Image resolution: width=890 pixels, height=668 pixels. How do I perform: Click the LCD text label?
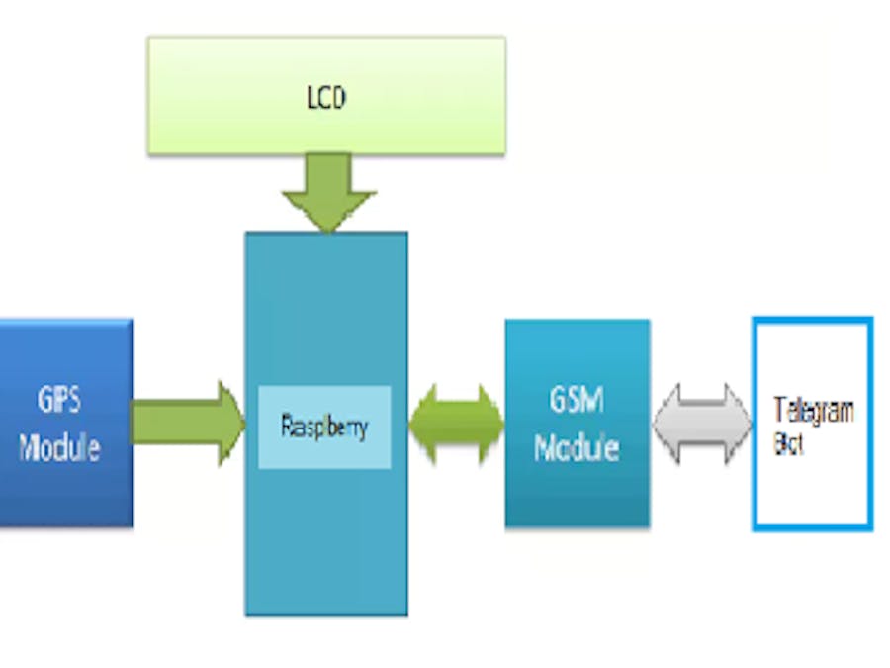pos(326,98)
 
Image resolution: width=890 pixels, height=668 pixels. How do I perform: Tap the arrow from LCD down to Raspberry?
pos(328,193)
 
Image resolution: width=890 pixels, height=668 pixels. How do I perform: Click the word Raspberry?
pos(324,427)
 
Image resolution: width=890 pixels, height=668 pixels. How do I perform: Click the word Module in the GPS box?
pos(60,447)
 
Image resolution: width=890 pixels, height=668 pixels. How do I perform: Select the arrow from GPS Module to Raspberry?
pos(183,424)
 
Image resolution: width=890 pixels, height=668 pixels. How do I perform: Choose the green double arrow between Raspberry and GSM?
pos(456,425)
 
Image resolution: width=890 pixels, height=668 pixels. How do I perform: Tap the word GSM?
pos(577,402)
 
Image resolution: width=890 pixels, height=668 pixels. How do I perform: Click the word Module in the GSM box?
pos(577,447)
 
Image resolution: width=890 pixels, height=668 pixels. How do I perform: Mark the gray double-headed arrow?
pos(702,425)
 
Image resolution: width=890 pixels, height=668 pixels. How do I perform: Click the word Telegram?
pos(814,410)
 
